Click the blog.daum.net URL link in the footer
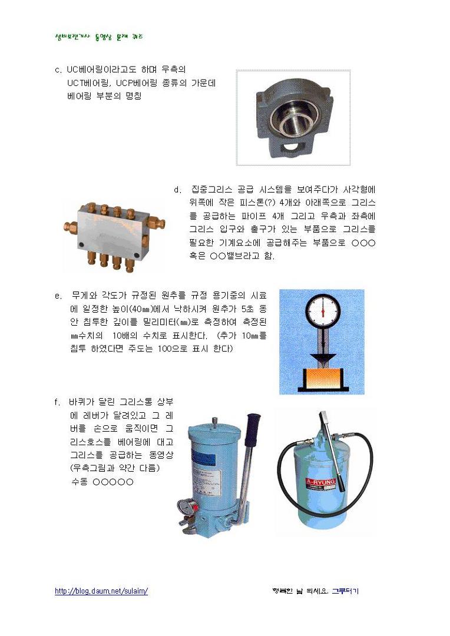[x=101, y=591]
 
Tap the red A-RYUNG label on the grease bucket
[x=321, y=483]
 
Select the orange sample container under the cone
[x=322, y=377]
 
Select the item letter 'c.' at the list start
[x=58, y=69]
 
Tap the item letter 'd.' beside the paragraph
[x=177, y=190]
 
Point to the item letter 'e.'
[x=58, y=296]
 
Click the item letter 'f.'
[x=58, y=402]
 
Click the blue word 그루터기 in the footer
[x=345, y=591]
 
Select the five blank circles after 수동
[x=113, y=482]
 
